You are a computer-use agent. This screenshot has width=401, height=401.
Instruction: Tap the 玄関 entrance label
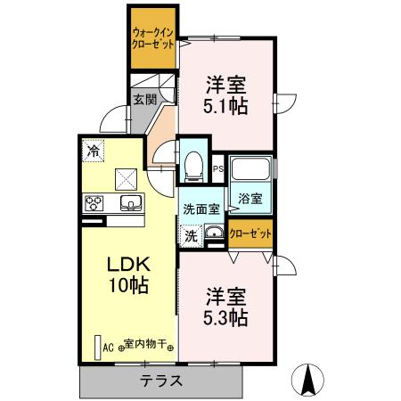tap(144, 100)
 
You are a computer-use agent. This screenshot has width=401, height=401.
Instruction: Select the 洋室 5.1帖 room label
tap(225, 94)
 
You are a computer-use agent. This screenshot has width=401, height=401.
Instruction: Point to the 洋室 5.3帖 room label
tap(225, 306)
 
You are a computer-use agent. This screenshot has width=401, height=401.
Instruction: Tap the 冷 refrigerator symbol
tap(94, 151)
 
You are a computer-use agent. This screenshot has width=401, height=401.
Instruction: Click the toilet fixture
tap(193, 163)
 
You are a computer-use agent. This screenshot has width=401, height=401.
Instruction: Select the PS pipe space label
tap(218, 168)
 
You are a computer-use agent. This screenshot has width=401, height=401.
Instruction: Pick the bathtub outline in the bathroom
tap(250, 169)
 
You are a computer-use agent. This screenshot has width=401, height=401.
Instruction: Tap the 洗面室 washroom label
tap(200, 209)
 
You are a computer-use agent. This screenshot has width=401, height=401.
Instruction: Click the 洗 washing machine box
tap(191, 236)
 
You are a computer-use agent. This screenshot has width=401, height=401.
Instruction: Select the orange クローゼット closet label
tap(250, 233)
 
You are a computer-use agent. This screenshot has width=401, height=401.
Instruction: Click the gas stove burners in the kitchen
tap(94, 202)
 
